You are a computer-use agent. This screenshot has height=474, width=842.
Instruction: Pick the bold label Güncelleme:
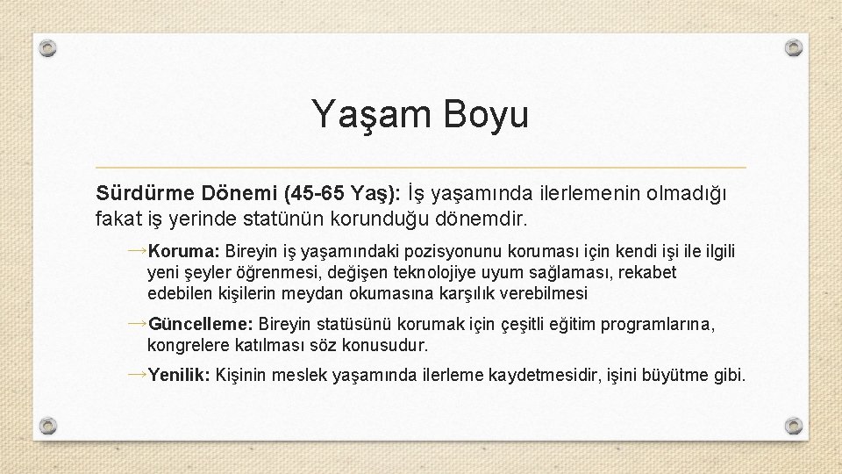click(x=202, y=325)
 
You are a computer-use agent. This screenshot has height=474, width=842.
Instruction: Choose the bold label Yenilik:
click(x=179, y=376)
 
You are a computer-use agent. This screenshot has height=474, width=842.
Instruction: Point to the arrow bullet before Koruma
click(x=136, y=251)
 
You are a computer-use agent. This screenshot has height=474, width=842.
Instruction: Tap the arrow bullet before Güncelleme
click(x=136, y=324)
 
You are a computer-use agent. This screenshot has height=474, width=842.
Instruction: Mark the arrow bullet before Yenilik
click(x=136, y=375)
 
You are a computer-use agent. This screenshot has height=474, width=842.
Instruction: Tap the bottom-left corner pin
click(x=50, y=427)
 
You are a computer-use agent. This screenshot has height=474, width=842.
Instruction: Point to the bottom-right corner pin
click(x=793, y=427)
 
